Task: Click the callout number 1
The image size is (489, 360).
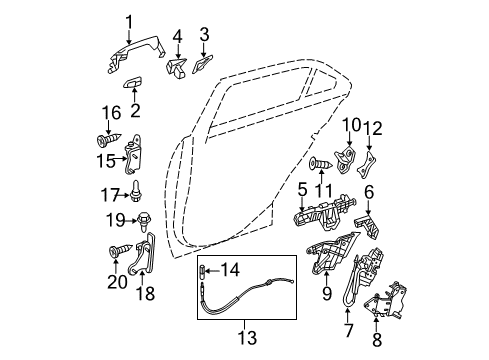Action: click(129, 23)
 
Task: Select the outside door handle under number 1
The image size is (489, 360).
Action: click(136, 53)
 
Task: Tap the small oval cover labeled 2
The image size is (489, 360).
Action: click(133, 82)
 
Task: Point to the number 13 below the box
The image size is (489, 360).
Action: click(247, 337)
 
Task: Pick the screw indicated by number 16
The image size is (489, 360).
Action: click(108, 139)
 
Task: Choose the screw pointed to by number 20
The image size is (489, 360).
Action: click(121, 250)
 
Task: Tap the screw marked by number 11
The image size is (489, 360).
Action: click(321, 163)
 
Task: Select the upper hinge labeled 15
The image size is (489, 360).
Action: click(134, 154)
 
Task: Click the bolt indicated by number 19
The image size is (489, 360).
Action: click(142, 221)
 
